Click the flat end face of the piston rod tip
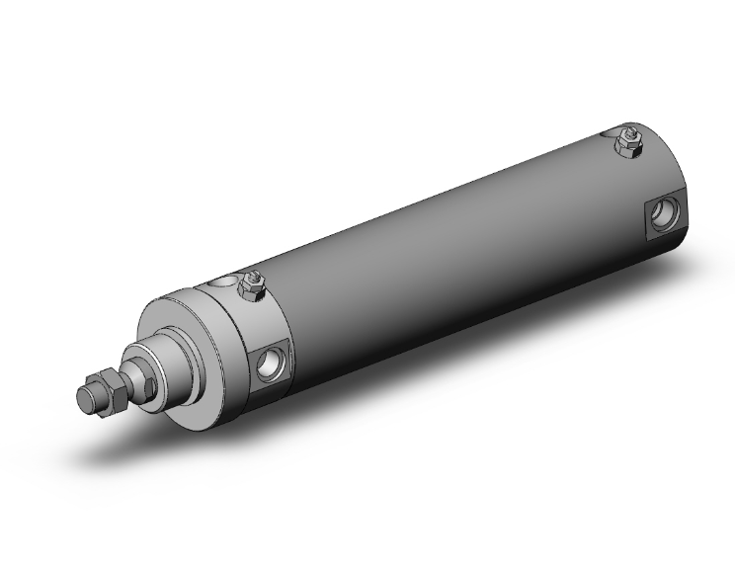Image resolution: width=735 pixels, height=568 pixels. (x=84, y=397)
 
